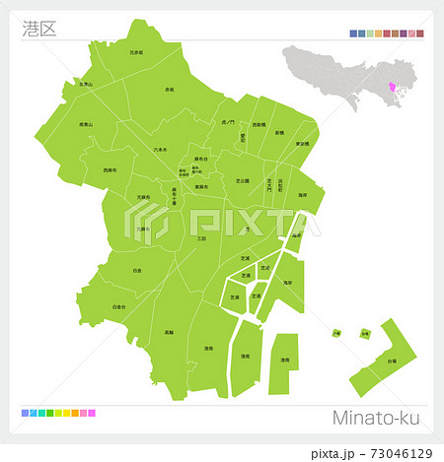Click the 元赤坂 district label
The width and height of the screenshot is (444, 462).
(136, 52)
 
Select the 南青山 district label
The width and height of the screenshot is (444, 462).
(86, 125)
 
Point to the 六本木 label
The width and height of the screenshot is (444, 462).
(161, 149)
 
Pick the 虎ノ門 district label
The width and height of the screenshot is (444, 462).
(229, 122)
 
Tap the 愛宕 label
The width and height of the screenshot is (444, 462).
(242, 140)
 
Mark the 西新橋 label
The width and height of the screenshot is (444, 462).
(259, 126)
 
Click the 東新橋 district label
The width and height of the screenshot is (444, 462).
(302, 144)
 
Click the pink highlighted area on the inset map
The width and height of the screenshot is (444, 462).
(397, 92)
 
